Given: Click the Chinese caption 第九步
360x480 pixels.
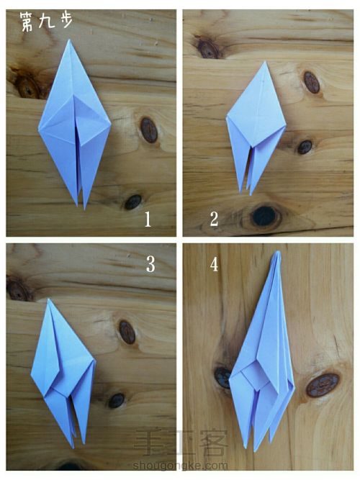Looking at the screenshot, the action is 47,22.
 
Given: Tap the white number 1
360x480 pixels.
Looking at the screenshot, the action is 148,219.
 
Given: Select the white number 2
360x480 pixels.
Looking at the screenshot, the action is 214,219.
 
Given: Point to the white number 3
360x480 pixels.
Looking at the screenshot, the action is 150,264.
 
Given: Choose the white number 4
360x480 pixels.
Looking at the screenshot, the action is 214,264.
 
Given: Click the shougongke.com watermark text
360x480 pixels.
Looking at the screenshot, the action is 180,466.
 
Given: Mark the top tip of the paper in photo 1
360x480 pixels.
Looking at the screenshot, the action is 69,40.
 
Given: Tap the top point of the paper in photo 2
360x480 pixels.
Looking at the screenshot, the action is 265,62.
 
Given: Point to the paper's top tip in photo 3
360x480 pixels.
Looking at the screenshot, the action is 48,299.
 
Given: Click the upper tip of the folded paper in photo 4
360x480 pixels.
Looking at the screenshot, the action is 278,252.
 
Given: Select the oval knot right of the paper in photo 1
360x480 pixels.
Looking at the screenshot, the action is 149,130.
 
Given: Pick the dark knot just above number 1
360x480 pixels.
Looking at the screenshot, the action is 133,202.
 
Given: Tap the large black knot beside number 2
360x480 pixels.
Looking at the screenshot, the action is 264,216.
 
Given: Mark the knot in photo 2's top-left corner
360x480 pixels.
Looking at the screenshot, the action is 208,48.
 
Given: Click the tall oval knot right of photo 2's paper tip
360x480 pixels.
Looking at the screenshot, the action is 312,82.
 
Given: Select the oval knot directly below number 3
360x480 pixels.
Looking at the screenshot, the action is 127,332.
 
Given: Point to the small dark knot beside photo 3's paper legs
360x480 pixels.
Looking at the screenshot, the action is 117,400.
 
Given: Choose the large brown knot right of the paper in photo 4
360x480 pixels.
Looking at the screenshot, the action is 323,385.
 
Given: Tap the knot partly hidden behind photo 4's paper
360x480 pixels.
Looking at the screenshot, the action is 222,377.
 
